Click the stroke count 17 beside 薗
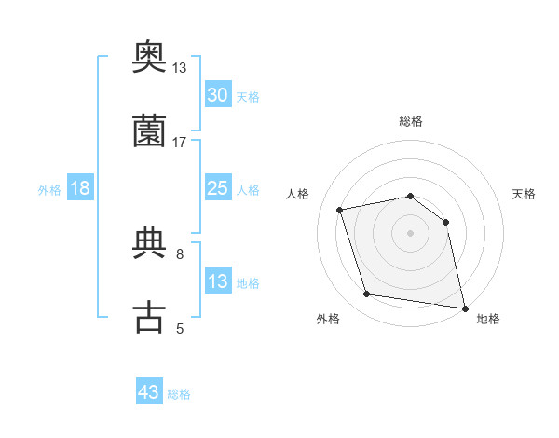(x=180, y=142)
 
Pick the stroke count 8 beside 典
(x=180, y=253)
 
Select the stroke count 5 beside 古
(x=180, y=327)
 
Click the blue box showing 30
(x=218, y=95)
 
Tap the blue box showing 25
(x=218, y=188)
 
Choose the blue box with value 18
(x=80, y=188)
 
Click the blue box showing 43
(x=149, y=392)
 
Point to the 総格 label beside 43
(x=179, y=394)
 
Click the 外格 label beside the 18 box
(x=49, y=189)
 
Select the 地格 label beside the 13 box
(x=248, y=283)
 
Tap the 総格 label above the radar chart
(x=411, y=121)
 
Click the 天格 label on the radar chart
(x=525, y=194)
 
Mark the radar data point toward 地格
(x=464, y=308)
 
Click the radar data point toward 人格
(x=340, y=210)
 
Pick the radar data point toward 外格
(x=367, y=294)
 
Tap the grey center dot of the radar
(x=411, y=233)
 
